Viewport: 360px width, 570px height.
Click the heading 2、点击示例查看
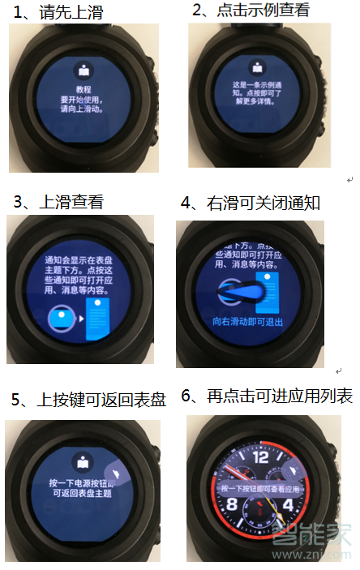tap(251, 11)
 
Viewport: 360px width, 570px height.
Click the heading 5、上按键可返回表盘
tap(89, 399)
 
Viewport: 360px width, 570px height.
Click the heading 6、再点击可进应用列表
tap(267, 396)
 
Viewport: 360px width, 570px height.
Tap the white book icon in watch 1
tap(81, 69)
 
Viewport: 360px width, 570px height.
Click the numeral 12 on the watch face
tap(261, 459)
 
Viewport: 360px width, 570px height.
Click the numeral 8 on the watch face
tap(232, 504)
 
